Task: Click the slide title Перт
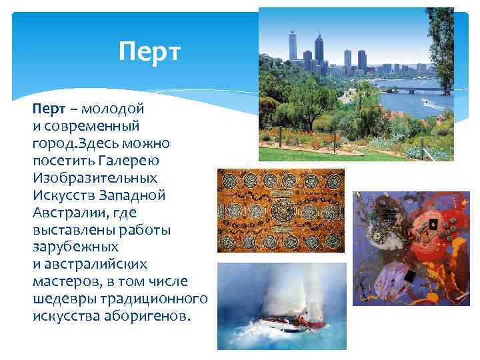pos(149,51)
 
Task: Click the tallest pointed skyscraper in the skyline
pos(319,48)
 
